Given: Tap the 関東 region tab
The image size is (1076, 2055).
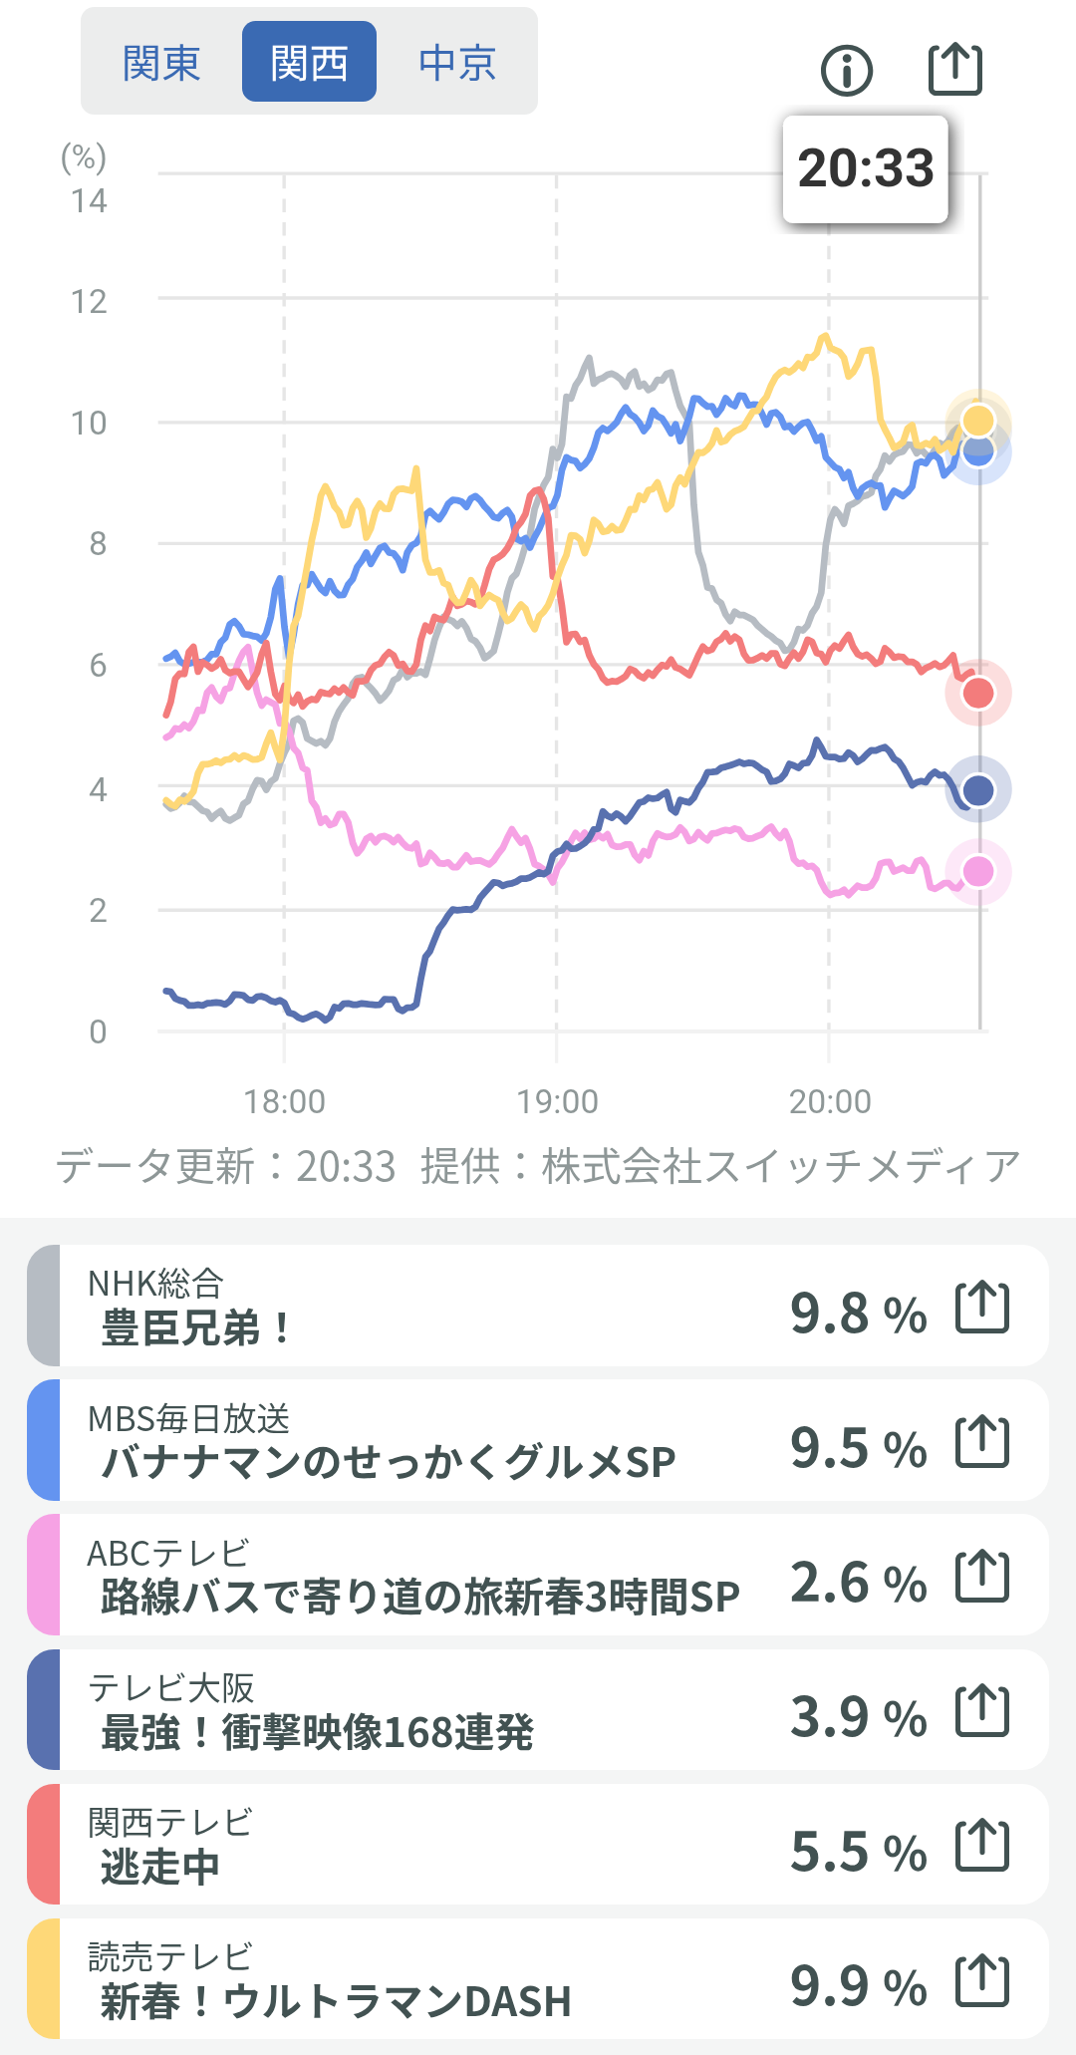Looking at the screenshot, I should coord(161,63).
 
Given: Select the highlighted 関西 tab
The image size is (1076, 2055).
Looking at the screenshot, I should coord(309,63).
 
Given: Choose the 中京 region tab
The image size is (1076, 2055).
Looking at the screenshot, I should coord(457,63).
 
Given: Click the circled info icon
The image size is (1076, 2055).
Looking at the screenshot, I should coord(847,70).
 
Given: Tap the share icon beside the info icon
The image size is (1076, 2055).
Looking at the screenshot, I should coord(955,69).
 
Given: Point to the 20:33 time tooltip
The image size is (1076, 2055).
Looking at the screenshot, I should coord(865,168).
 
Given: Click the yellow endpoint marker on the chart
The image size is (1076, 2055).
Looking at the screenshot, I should coord(978,421).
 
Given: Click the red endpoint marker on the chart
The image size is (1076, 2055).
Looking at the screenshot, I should coord(978,693).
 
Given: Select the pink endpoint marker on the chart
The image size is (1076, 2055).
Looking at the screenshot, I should coord(978,871).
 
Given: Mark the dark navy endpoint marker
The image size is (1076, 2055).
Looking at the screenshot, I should coord(978,790).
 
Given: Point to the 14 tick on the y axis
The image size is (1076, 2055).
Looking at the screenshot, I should coord(89,201).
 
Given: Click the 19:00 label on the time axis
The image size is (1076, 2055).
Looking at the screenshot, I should coord(557,1101).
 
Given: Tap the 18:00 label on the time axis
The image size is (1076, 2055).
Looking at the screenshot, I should coord(285,1101).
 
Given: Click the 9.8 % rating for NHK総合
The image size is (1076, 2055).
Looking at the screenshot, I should coord(859,1313).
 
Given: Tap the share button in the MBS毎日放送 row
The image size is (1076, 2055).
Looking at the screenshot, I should coord(982,1441).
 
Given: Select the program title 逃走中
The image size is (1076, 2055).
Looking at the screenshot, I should coord(159,1867).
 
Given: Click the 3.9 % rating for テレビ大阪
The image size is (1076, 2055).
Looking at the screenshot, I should coord(859,1717).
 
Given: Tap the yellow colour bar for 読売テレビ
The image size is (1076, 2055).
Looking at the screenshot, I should coord(44,1978).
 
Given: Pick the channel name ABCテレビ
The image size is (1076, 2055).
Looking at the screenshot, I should coord(168,1553).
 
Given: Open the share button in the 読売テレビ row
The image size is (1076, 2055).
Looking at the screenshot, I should coord(982,1980).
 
